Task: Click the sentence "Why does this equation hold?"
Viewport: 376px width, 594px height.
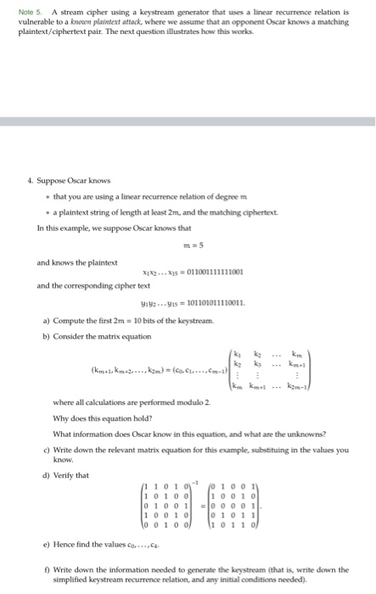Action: point(97,403)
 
